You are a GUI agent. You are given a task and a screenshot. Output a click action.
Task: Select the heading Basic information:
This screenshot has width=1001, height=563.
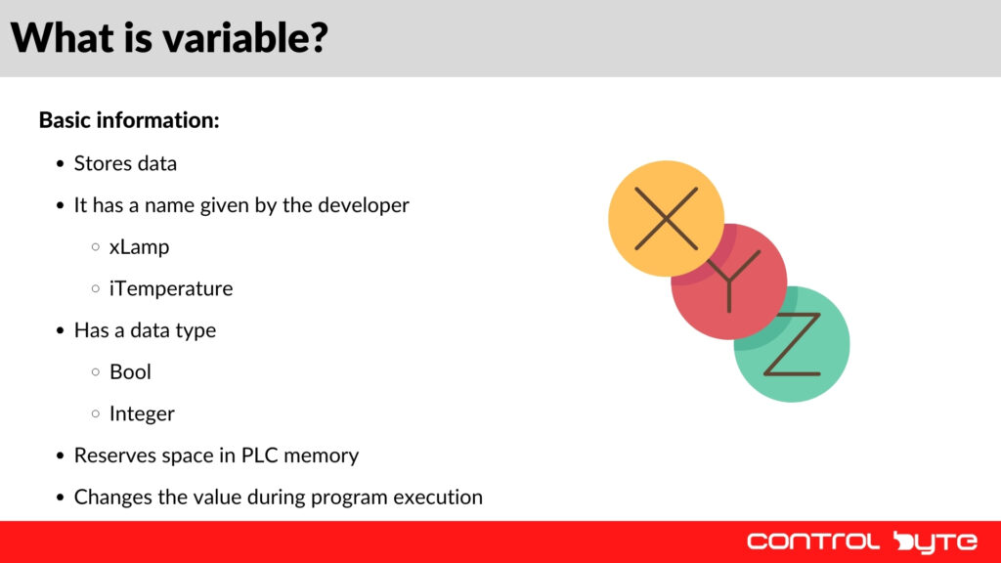[x=129, y=120]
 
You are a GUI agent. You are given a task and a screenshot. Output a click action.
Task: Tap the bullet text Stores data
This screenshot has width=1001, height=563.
[x=125, y=163]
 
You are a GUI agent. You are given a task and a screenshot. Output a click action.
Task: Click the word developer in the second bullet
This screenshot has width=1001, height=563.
[x=365, y=205]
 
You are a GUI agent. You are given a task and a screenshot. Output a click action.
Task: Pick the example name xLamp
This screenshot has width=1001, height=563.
[x=139, y=247]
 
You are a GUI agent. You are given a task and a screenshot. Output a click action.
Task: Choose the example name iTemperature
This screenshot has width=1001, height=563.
[x=171, y=288]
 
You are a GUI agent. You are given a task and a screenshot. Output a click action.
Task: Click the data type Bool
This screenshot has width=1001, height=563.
[x=130, y=371]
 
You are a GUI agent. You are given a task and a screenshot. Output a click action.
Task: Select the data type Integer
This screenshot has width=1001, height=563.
[x=142, y=413]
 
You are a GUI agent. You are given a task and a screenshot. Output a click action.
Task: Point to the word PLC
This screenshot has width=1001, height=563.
[x=260, y=455]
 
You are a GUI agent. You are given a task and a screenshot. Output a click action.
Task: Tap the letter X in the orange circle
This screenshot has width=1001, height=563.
[x=666, y=217]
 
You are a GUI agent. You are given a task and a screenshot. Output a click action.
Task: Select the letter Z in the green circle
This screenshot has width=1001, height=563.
[x=793, y=344]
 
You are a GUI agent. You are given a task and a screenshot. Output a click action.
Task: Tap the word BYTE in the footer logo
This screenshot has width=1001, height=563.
[x=936, y=541]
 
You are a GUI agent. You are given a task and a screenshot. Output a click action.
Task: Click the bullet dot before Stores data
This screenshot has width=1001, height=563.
[x=61, y=164]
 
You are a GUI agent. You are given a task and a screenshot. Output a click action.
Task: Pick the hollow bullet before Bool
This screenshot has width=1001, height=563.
[x=95, y=372]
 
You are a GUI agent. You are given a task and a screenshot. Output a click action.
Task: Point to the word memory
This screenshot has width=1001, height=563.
[x=324, y=455]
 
